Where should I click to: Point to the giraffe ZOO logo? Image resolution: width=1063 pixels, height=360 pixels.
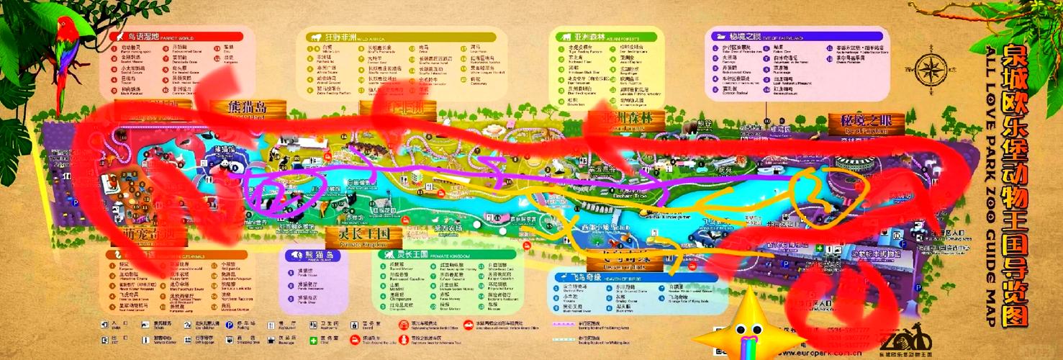pyautogui.click(x=903, y=339)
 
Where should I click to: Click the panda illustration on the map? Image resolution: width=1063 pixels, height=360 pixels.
pyautogui.click(x=225, y=168)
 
